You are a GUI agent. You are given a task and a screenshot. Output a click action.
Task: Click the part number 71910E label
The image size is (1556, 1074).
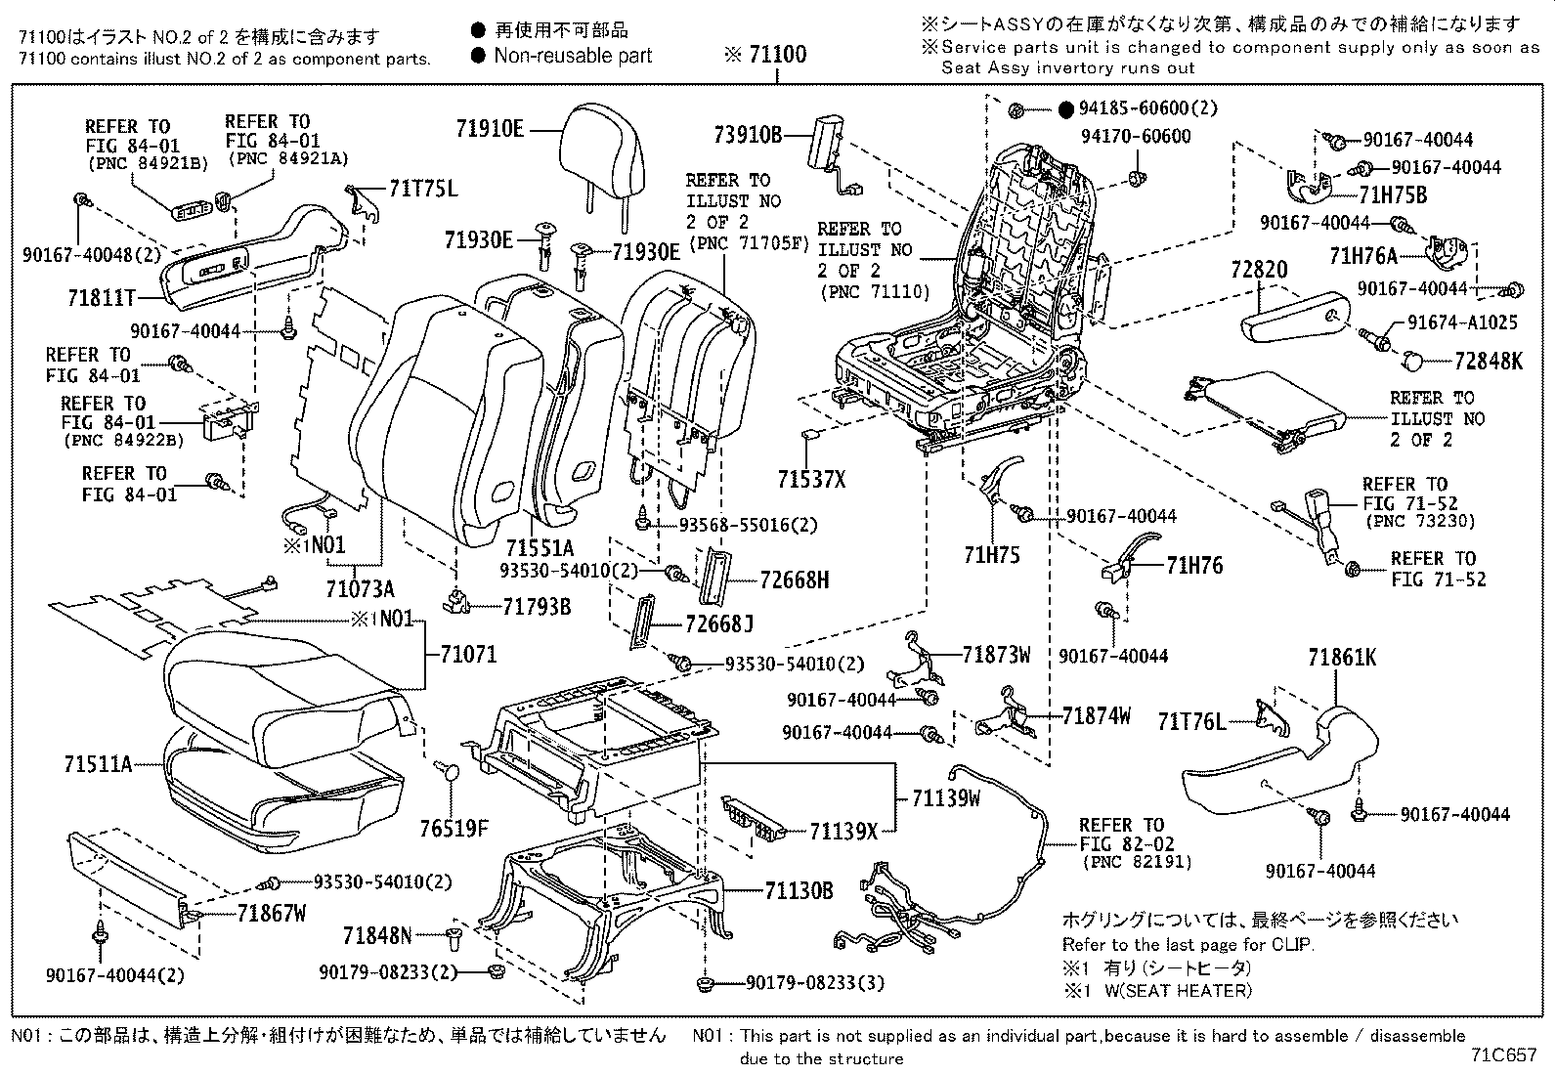click(x=489, y=128)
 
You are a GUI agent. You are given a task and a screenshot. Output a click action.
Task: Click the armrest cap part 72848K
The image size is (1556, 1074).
click(x=1414, y=361)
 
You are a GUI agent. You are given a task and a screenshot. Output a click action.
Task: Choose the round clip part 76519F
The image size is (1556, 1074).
click(x=449, y=773)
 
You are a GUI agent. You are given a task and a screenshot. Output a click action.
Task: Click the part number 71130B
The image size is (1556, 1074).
click(x=799, y=890)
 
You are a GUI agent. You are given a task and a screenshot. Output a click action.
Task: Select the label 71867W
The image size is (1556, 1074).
click(x=272, y=914)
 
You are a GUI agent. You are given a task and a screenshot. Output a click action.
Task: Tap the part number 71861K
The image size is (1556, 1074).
click(x=1342, y=659)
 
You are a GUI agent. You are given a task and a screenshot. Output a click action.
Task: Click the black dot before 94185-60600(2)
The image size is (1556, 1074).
click(x=1066, y=109)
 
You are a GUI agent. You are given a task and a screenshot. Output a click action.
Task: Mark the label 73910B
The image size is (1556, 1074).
click(x=747, y=135)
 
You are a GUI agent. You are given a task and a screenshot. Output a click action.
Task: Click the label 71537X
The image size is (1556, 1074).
click(x=811, y=479)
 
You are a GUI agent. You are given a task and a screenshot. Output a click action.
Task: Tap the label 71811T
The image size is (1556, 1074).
click(x=102, y=297)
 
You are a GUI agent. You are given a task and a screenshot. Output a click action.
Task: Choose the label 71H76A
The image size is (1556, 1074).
click(x=1363, y=256)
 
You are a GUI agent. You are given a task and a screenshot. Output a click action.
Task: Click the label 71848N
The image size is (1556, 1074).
click(x=377, y=936)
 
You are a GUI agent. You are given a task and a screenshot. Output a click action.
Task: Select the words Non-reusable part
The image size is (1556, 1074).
click(x=573, y=56)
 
